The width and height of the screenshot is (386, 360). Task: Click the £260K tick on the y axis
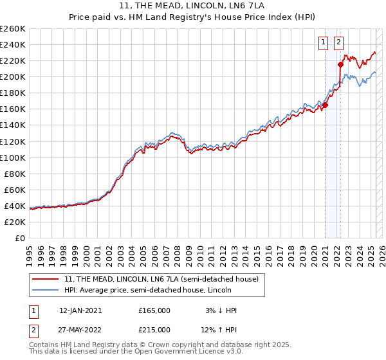pyautogui.click(x=13, y=29)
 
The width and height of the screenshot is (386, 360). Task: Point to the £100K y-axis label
pyautogui.click(x=13, y=157)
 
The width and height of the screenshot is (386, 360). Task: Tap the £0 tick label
pyautogui.click(x=20, y=239)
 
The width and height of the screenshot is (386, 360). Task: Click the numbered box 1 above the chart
pyautogui.click(x=322, y=43)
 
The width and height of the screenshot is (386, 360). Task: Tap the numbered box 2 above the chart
pyautogui.click(x=338, y=43)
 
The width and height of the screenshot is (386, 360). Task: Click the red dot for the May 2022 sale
pyautogui.click(x=340, y=64)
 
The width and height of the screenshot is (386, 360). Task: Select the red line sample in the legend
pyautogui.click(x=46, y=279)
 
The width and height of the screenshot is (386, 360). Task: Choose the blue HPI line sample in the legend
pyautogui.click(x=46, y=291)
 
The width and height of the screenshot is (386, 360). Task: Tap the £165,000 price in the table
pyautogui.click(x=154, y=310)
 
